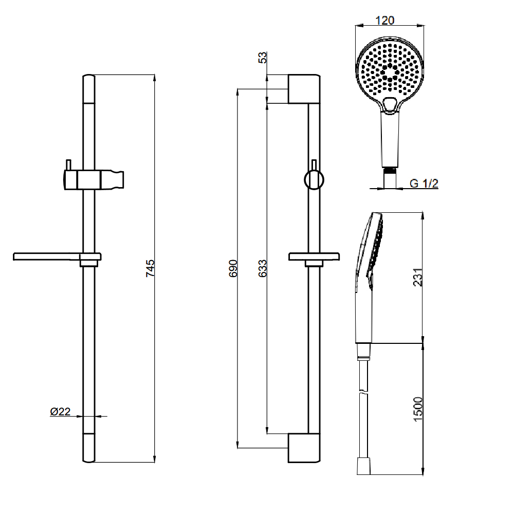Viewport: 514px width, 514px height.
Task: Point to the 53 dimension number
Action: click(x=263, y=58)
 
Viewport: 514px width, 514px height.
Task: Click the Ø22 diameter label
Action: click(x=60, y=412)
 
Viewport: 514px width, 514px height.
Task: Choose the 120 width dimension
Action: click(x=385, y=20)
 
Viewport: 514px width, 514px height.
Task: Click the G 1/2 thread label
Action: click(x=424, y=183)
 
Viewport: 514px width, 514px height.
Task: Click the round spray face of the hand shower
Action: click(x=388, y=69)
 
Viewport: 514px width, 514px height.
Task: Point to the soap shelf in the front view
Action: click(x=57, y=256)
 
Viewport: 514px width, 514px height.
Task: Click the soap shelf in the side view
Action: click(x=314, y=256)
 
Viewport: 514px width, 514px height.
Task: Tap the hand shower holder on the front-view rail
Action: click(x=95, y=180)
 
